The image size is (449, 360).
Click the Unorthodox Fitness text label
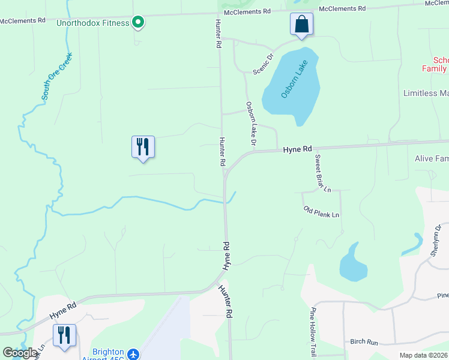click(92, 23)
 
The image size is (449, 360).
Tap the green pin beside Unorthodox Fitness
click(138, 23)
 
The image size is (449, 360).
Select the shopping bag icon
click(302, 25)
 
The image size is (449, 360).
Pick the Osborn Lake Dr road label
click(251, 124)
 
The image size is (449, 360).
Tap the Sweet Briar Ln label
click(323, 173)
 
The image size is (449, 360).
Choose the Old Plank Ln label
click(322, 212)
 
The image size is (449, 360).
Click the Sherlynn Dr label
click(436, 241)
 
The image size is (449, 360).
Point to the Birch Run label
click(364, 342)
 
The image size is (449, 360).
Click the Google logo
click(20, 353)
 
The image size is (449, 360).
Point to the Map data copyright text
click(423, 355)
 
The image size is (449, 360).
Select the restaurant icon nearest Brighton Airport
click(64, 335)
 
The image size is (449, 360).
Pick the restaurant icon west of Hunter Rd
click(143, 146)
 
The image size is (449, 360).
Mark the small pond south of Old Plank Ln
click(352, 265)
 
